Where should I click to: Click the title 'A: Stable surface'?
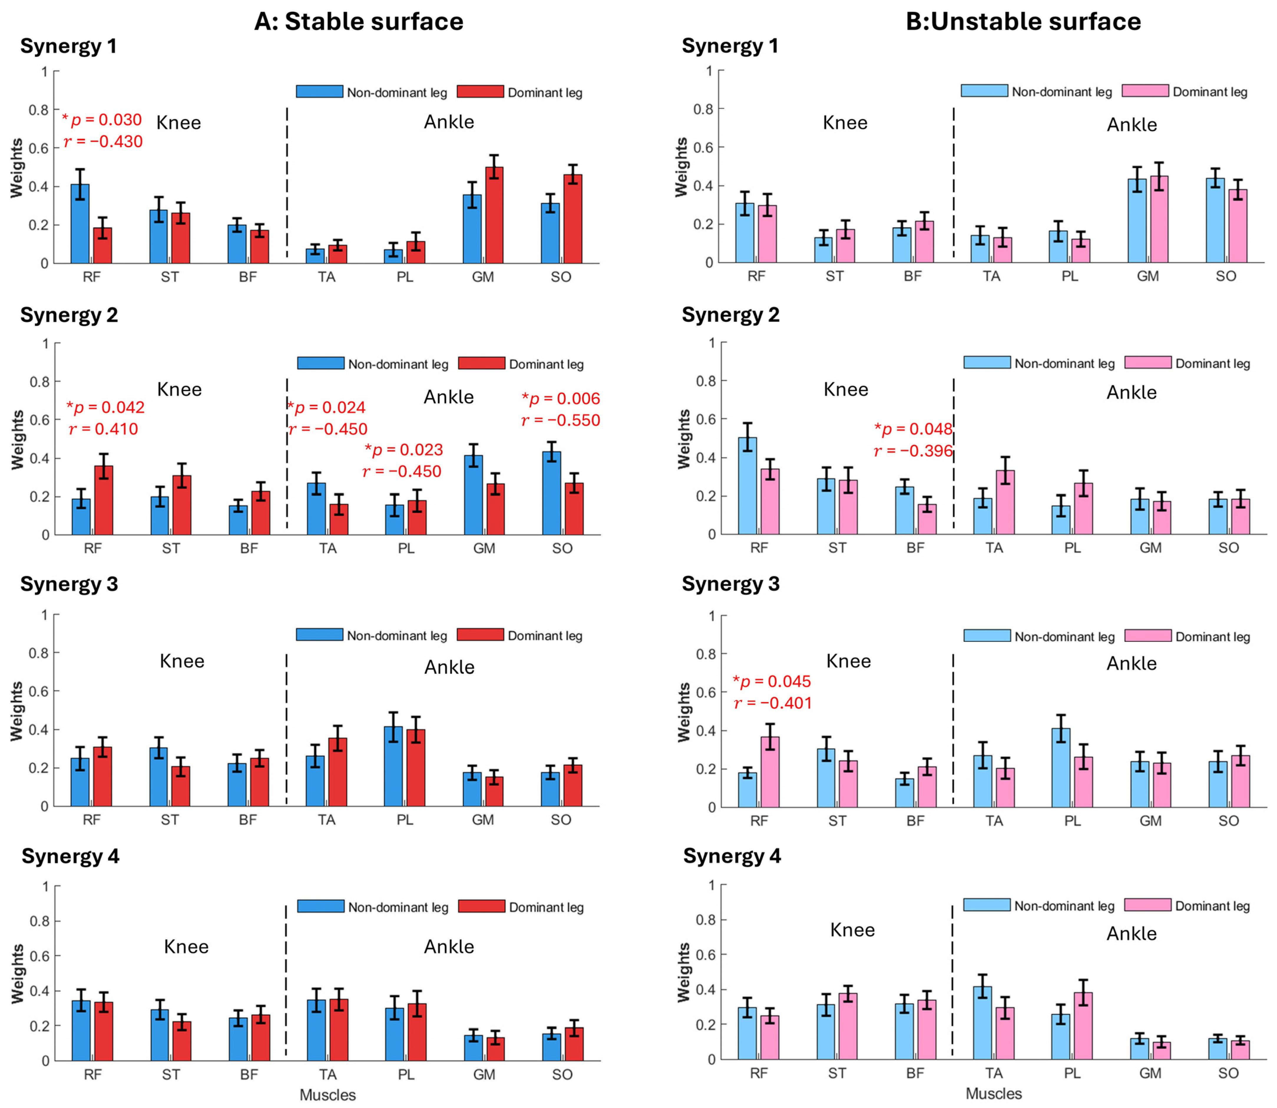coord(359,21)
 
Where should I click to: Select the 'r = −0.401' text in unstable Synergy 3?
coord(773,703)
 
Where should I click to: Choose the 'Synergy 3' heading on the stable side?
coord(69,584)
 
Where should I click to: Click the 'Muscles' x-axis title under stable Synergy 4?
coord(328,1095)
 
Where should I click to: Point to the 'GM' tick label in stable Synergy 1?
coord(483,277)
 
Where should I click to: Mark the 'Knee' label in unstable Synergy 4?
coord(852,930)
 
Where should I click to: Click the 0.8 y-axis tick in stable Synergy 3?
coord(41,653)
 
